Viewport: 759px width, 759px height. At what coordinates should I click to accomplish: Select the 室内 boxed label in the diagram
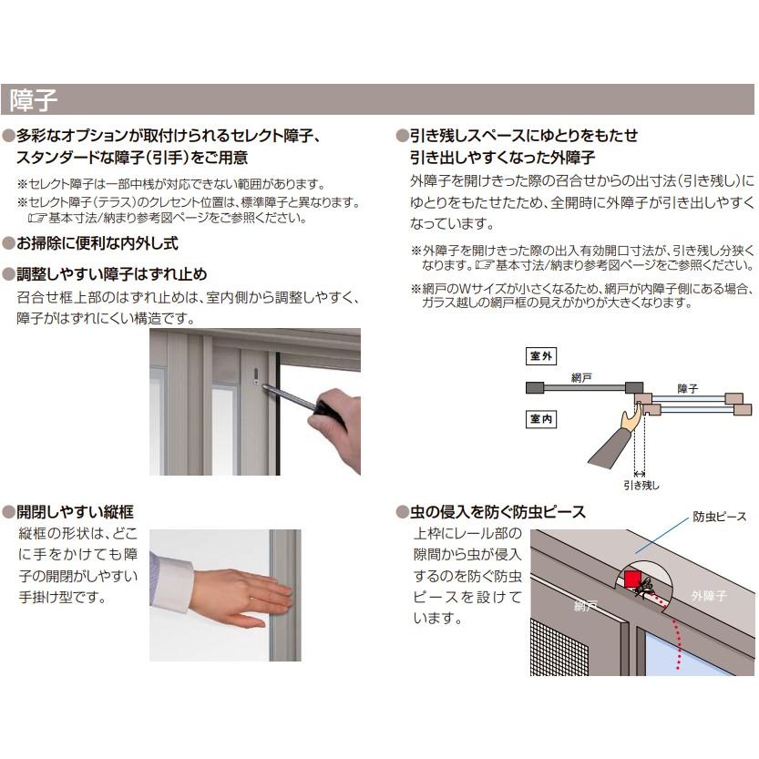pyautogui.click(x=541, y=419)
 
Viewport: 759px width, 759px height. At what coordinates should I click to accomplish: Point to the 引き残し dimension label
pyautogui.click(x=641, y=486)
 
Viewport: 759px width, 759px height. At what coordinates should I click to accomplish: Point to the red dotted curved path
pyautogui.click(x=676, y=638)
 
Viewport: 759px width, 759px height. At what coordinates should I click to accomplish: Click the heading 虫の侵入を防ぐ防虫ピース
pyautogui.click(x=497, y=512)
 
